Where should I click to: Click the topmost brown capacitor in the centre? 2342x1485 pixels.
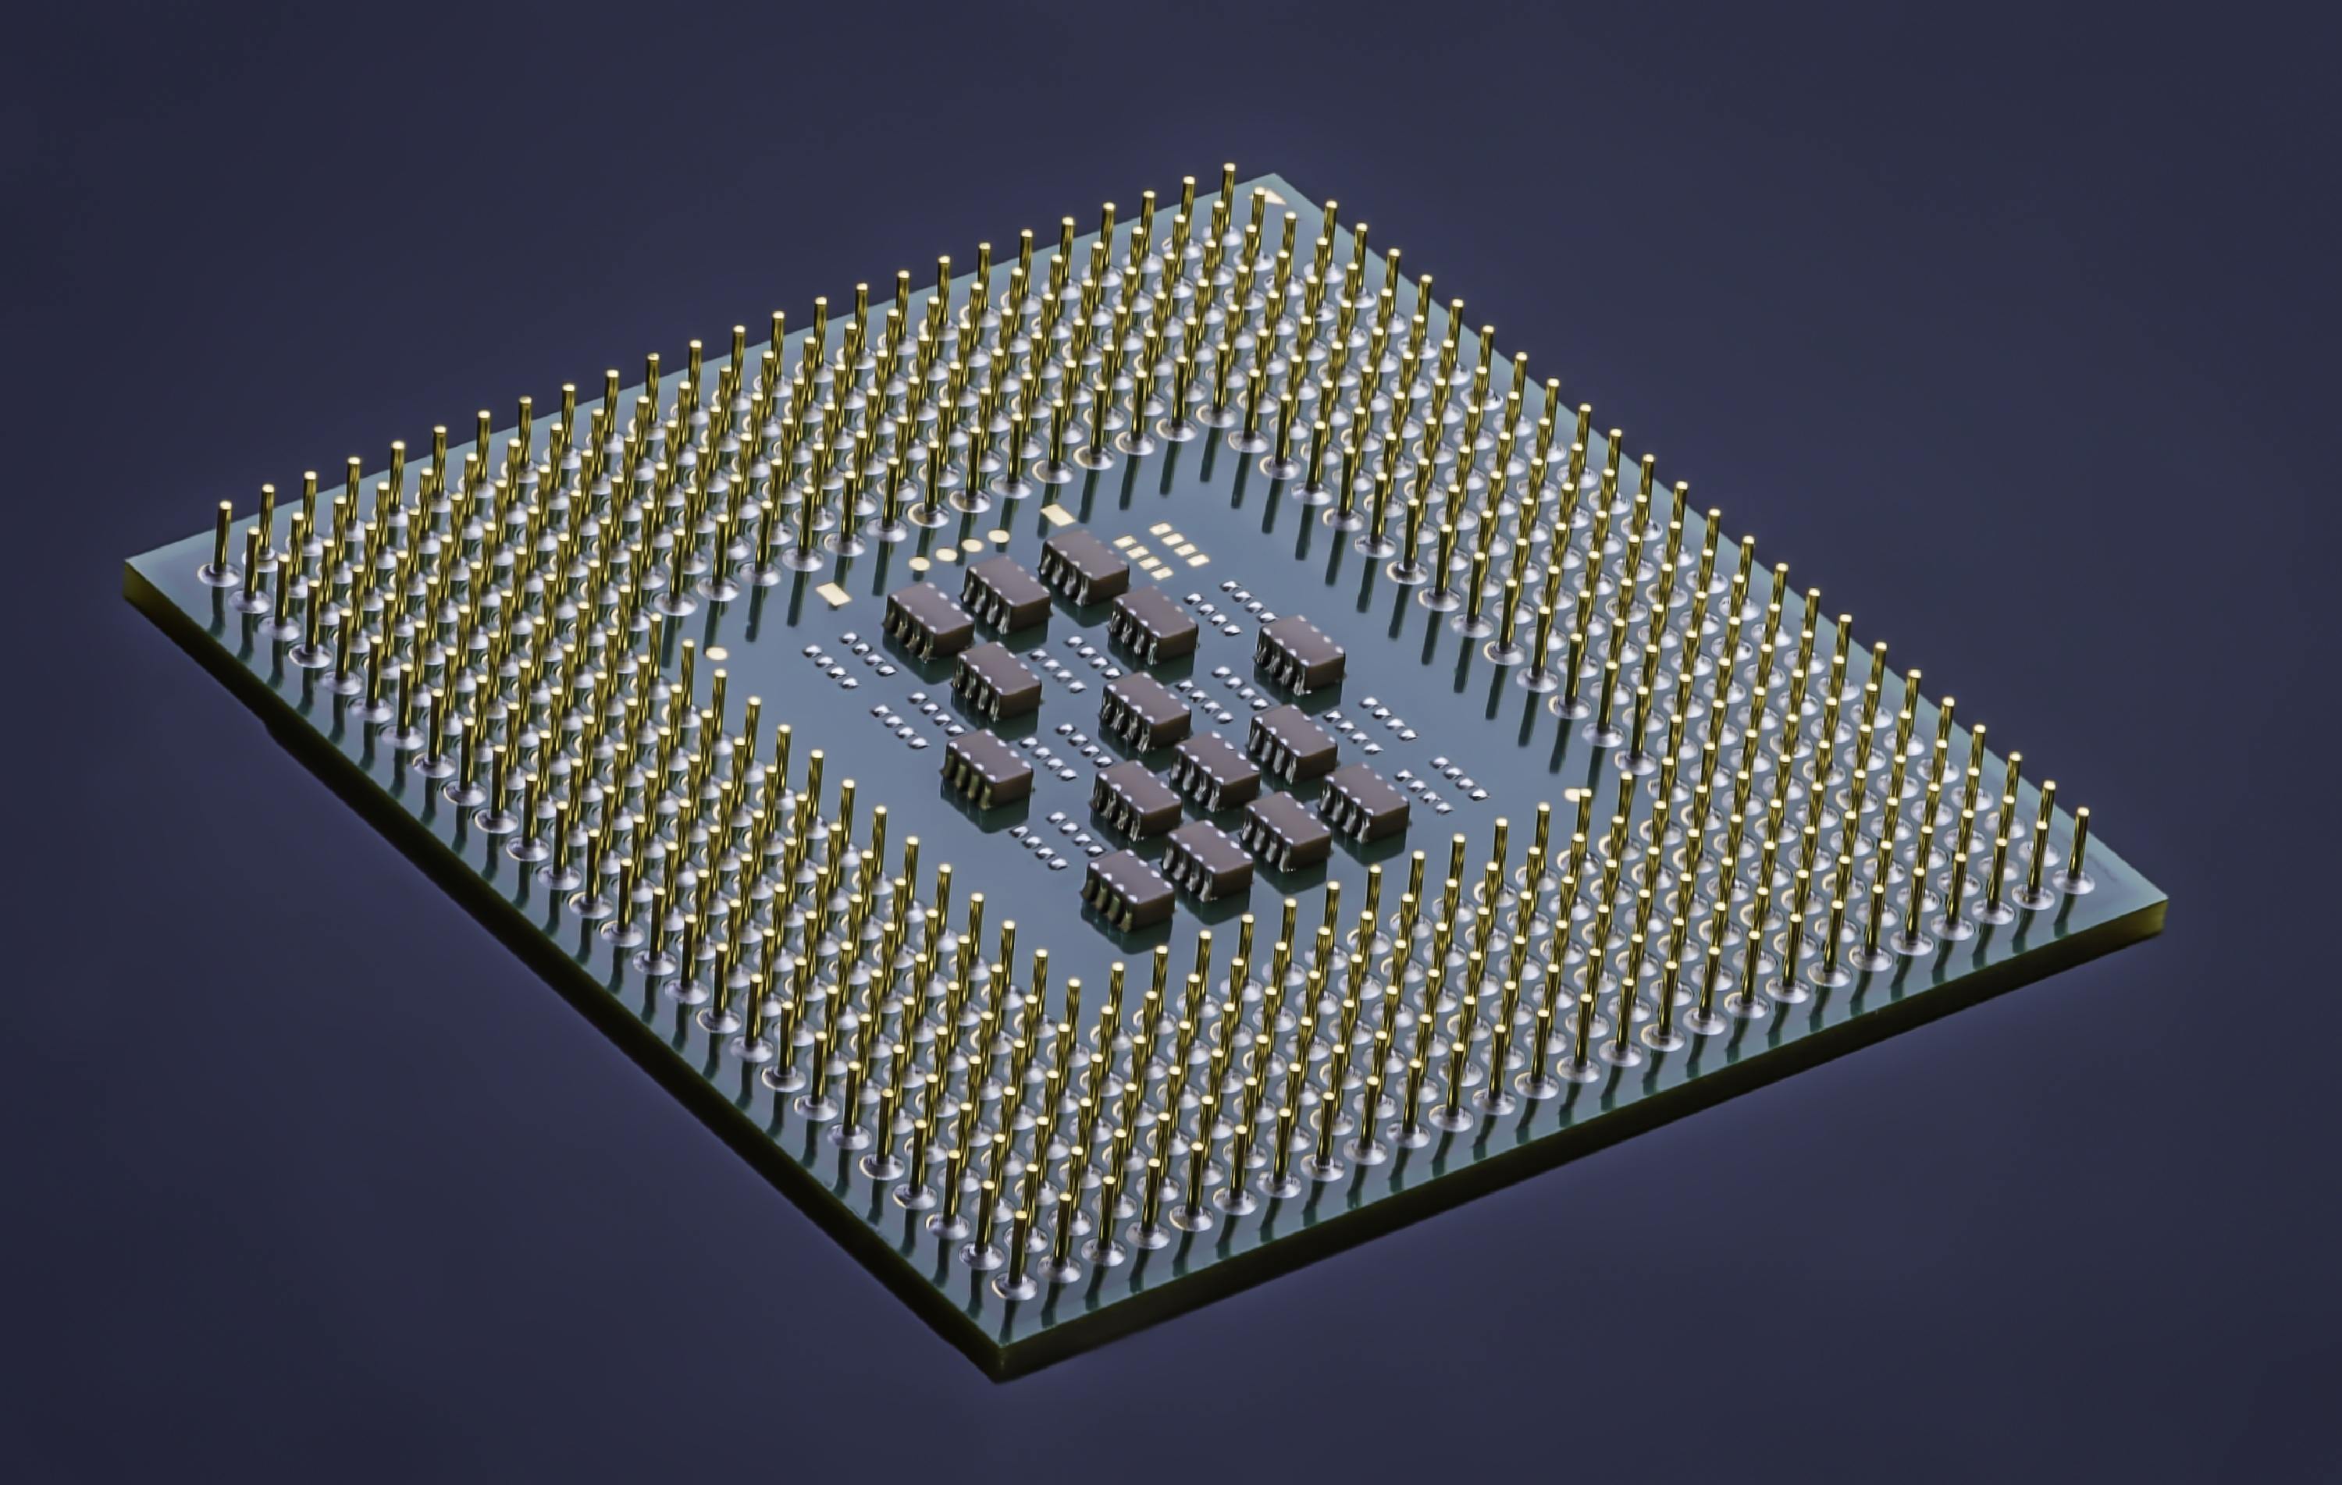(x=1084, y=562)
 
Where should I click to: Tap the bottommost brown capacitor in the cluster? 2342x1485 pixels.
(x=1127, y=884)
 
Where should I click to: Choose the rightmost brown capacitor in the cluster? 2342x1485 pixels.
(x=1365, y=799)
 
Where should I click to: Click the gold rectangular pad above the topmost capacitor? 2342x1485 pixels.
(x=1054, y=513)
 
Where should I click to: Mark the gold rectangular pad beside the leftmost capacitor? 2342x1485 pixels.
(x=831, y=590)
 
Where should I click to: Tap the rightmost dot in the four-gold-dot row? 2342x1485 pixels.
(x=998, y=534)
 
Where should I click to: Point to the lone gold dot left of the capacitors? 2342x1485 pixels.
(x=717, y=652)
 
